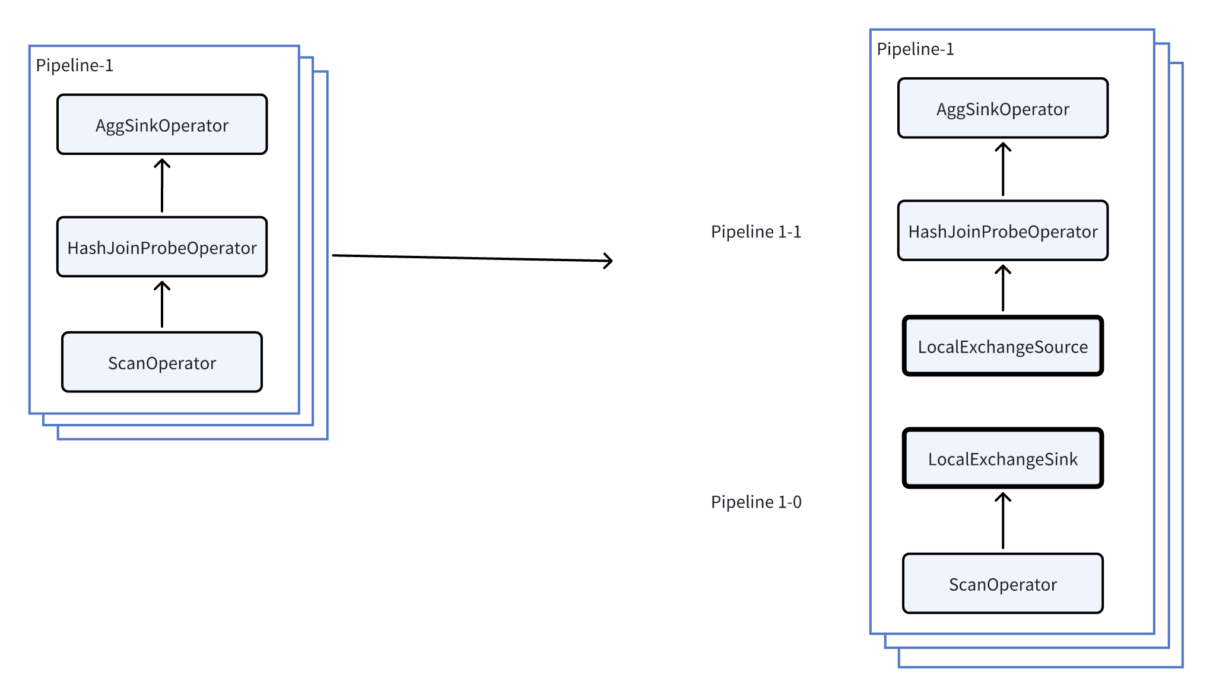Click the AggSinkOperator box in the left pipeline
click(162, 125)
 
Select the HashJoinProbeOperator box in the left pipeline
click(162, 247)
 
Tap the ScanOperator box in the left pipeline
click(162, 362)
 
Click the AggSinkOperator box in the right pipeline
click(1002, 109)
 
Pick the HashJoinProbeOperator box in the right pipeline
click(1002, 231)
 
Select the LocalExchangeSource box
click(1002, 346)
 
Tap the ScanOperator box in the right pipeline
click(1002, 584)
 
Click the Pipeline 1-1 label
click(756, 232)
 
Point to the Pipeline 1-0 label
click(756, 502)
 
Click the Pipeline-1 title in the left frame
click(74, 65)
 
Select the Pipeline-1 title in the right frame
click(915, 49)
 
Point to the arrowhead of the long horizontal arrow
click(609, 261)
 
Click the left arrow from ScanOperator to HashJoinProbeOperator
click(162, 305)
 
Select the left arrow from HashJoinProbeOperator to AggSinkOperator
click(162, 186)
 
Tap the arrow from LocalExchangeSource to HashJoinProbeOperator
click(1003, 289)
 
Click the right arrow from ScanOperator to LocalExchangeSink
click(1003, 521)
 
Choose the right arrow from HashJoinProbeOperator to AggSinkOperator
click(1003, 170)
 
